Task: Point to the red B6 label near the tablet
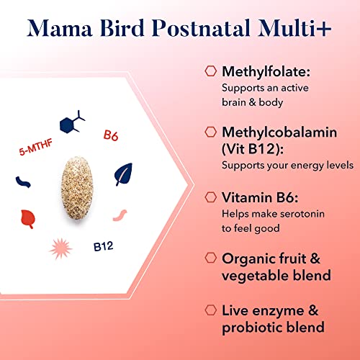(x=111, y=134)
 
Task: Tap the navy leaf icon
(x=124, y=174)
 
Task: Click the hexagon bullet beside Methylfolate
(x=210, y=71)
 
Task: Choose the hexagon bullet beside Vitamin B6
(x=210, y=196)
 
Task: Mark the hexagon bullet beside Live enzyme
(x=210, y=309)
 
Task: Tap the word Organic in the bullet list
(x=248, y=258)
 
